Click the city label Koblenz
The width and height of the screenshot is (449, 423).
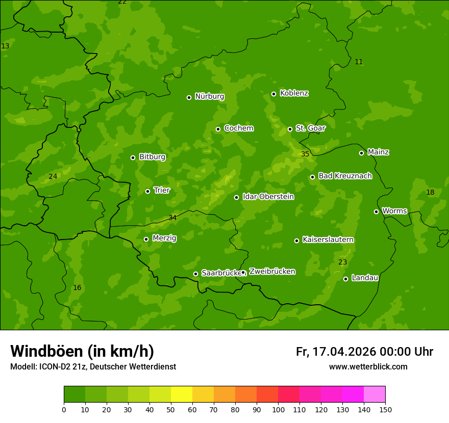(x=294, y=93)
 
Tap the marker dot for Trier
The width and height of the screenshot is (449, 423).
(x=148, y=191)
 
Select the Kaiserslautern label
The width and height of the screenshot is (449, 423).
(x=328, y=240)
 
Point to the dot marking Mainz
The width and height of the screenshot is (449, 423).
(x=361, y=153)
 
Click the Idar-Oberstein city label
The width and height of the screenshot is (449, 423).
(x=268, y=197)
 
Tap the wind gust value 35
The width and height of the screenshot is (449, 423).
(x=305, y=154)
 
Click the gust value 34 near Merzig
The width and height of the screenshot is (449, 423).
(x=172, y=218)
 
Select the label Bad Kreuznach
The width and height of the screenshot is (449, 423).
(x=345, y=176)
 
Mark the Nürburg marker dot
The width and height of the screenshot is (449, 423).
(x=189, y=97)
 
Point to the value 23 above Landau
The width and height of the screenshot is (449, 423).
(x=343, y=262)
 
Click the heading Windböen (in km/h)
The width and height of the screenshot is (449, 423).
(x=82, y=351)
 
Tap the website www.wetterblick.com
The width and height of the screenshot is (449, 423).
(x=368, y=366)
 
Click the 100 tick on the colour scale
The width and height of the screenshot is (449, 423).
(x=278, y=409)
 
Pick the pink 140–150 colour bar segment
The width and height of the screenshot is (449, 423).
(x=375, y=394)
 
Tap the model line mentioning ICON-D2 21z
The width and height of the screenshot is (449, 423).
(x=93, y=366)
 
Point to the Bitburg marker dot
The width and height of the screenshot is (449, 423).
(x=133, y=157)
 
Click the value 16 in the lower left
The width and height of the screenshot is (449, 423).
(x=77, y=288)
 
